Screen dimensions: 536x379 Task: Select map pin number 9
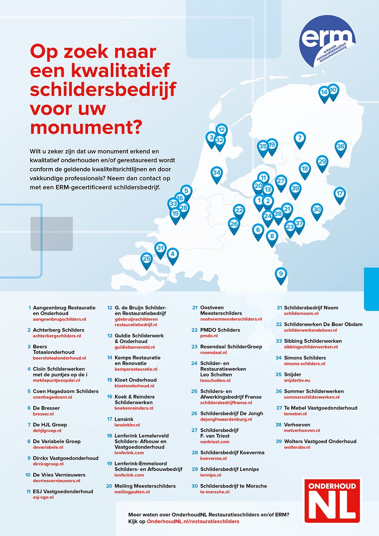pos(281,274)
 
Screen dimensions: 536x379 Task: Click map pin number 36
pos(341,147)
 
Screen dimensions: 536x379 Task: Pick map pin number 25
pos(147,259)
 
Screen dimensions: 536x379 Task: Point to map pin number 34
pos(217,173)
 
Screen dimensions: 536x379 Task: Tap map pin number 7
pos(300,138)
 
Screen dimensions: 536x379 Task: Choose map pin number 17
pos(339,194)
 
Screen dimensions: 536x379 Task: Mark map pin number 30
pos(317,210)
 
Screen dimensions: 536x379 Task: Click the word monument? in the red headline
pos(86,127)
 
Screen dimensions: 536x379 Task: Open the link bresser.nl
pos(43,414)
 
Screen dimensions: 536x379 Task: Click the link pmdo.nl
pos(209,336)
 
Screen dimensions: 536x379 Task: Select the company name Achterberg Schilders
pos(58,330)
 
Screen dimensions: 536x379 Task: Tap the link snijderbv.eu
pos(297,380)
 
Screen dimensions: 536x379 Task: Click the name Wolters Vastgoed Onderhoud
pos(320,441)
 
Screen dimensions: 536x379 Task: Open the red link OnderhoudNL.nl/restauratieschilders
pos(193,522)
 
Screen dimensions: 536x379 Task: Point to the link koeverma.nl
pos(213,458)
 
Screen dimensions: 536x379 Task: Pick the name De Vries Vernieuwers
pos(59,475)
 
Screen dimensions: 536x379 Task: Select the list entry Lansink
pos(124,419)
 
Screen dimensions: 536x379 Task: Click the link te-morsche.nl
pos(215,492)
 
